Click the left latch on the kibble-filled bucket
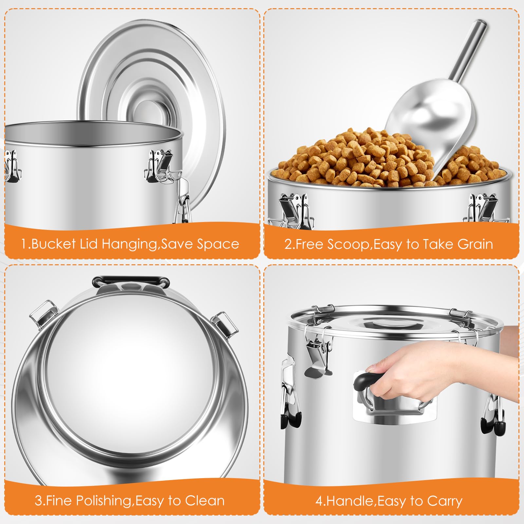295,210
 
